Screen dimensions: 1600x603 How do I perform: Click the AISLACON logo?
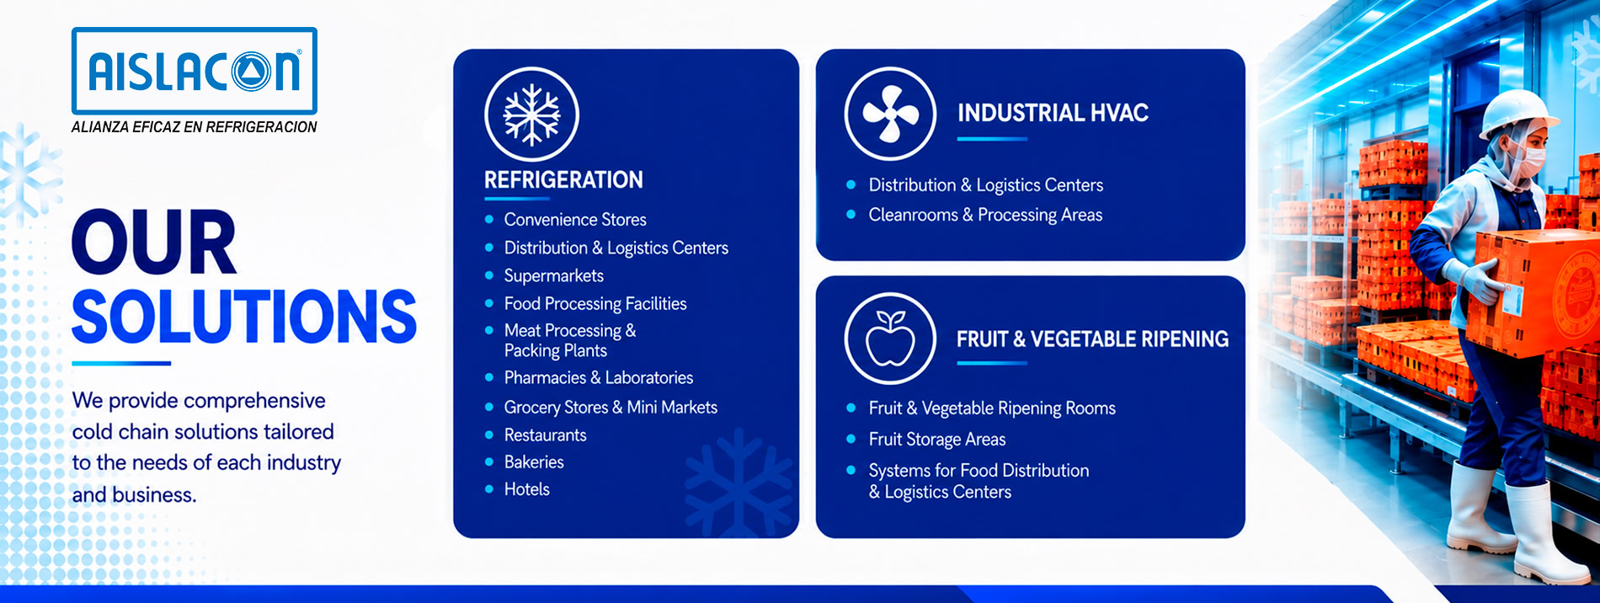(195, 71)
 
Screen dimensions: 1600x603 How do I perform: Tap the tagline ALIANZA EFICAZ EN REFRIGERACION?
(195, 127)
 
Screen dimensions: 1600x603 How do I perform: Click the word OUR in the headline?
(154, 243)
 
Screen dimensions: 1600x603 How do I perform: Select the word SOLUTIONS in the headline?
(244, 317)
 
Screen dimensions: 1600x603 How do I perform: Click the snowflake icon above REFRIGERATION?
(531, 115)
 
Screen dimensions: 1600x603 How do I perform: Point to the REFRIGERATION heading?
(563, 179)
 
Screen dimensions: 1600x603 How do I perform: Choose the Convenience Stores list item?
(575, 220)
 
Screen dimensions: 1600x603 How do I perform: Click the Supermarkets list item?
(554, 276)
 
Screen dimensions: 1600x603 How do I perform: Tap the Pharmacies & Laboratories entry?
(599, 378)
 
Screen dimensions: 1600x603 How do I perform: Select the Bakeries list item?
(534, 462)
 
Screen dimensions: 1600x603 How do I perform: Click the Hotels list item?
(527, 489)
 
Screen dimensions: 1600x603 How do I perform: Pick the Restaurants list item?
(545, 435)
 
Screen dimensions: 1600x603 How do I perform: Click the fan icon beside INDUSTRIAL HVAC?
(890, 114)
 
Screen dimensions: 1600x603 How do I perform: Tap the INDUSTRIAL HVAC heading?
(1053, 113)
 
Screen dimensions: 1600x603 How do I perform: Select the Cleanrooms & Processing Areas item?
(985, 216)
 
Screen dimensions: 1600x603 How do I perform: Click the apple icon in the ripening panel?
(890, 339)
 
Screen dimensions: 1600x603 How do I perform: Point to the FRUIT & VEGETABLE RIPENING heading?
(1092, 339)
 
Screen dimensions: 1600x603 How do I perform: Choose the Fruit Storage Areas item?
(937, 440)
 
